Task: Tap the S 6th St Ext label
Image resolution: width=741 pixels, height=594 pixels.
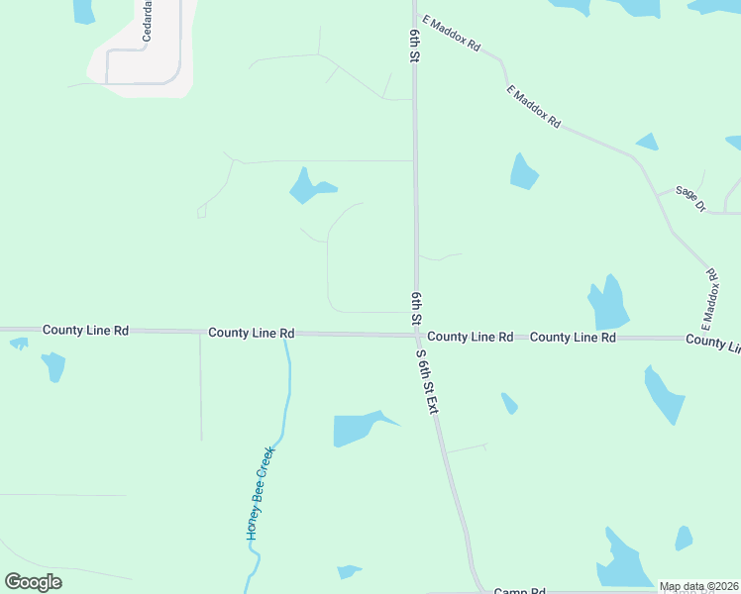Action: coord(428,381)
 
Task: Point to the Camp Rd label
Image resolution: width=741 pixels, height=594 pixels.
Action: coord(520,590)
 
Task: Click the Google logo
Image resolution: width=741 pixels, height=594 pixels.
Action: coord(34,581)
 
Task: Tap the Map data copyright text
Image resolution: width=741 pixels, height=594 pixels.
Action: coord(698,586)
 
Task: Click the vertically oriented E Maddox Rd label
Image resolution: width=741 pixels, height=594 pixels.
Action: coord(710,298)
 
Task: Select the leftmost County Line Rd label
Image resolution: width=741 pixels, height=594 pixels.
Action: coord(85,329)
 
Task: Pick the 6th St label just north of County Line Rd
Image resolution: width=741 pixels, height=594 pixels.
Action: coord(416,309)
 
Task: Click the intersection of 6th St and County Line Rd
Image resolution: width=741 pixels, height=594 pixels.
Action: coord(417,336)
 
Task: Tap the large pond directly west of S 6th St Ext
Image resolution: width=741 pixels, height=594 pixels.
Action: coord(359,429)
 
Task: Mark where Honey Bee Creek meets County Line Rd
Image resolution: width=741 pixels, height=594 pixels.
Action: coord(286,335)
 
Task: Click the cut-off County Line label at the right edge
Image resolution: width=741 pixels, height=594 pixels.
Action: coord(712,342)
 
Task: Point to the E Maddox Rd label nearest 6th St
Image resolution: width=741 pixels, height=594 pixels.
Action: coord(451,34)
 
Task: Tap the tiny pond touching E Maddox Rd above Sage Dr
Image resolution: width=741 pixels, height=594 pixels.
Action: coord(647,142)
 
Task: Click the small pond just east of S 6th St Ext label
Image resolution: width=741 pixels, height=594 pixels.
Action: coord(509,403)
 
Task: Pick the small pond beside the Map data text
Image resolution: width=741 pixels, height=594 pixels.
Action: coord(684,539)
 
